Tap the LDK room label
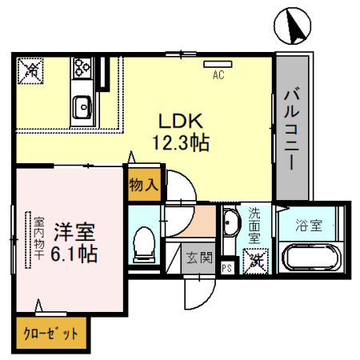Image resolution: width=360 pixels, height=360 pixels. pos(182,122)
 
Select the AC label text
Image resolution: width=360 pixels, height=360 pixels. pos(217,77)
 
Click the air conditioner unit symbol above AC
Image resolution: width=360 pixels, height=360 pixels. pos(216,64)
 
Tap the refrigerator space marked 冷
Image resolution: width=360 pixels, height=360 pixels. pos(31,70)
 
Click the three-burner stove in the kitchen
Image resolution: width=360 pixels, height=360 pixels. pos(82,67)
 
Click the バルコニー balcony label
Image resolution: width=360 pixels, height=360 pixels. pos(292,128)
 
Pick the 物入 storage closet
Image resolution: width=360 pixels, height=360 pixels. pos(144,184)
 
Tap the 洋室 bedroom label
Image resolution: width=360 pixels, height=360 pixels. pos(74,234)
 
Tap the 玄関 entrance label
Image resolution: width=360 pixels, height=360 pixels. pos(199,258)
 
